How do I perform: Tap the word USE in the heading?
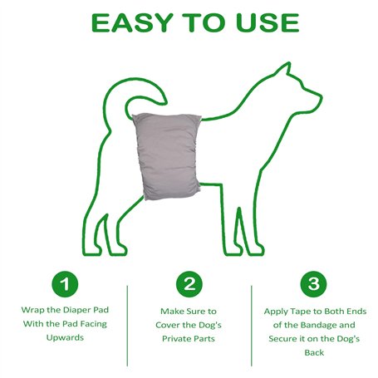pyautogui.click(x=268, y=22)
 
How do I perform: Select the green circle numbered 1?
pyautogui.click(x=65, y=284)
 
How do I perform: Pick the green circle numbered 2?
pyautogui.click(x=189, y=284)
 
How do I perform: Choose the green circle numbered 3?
pyautogui.click(x=313, y=284)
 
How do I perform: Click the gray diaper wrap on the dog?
pyautogui.click(x=167, y=155)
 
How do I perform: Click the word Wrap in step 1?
pyautogui.click(x=32, y=310)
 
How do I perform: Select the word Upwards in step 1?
pyautogui.click(x=65, y=337)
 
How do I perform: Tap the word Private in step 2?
pyautogui.click(x=174, y=339)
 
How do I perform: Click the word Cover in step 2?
pyautogui.click(x=168, y=325)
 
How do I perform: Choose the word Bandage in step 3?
pyautogui.click(x=321, y=325)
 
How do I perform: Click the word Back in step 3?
pyautogui.click(x=314, y=352)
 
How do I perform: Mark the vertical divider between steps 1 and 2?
pyautogui.click(x=127, y=326)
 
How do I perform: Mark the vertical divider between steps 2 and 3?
pyautogui.click(x=252, y=326)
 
